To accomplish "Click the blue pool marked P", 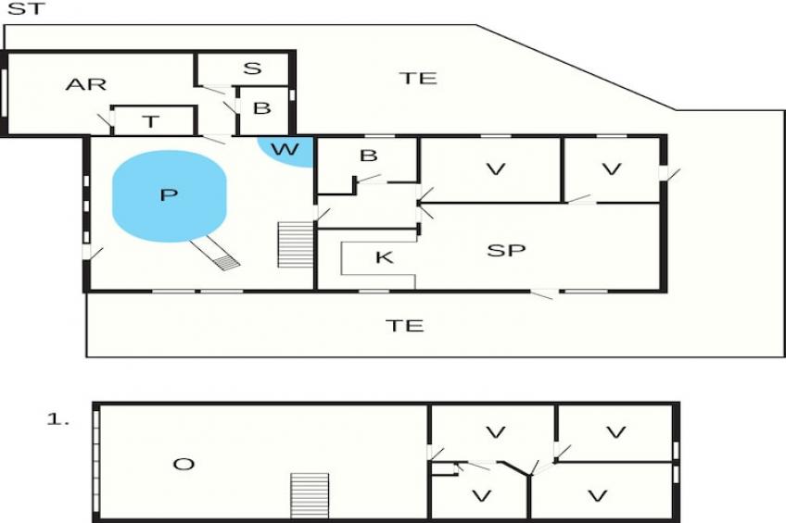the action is [170, 196].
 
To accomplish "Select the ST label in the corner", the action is [26, 8].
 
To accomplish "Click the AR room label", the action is [86, 84].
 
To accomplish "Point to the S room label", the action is [252, 68].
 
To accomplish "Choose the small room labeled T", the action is [151, 121].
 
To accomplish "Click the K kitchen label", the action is [385, 257].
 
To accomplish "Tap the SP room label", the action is [506, 250].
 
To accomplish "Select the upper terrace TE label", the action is [418, 78].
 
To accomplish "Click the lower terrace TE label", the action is [405, 326].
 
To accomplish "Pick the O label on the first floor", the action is [184, 465].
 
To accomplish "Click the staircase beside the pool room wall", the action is [296, 244].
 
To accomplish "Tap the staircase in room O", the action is [310, 495].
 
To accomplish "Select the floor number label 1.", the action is [57, 419].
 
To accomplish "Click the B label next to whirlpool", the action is [369, 156].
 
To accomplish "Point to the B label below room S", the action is [261, 107].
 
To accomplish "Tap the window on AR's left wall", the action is [5, 93].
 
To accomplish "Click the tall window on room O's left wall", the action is [96, 460].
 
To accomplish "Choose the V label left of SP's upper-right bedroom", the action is [496, 168].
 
